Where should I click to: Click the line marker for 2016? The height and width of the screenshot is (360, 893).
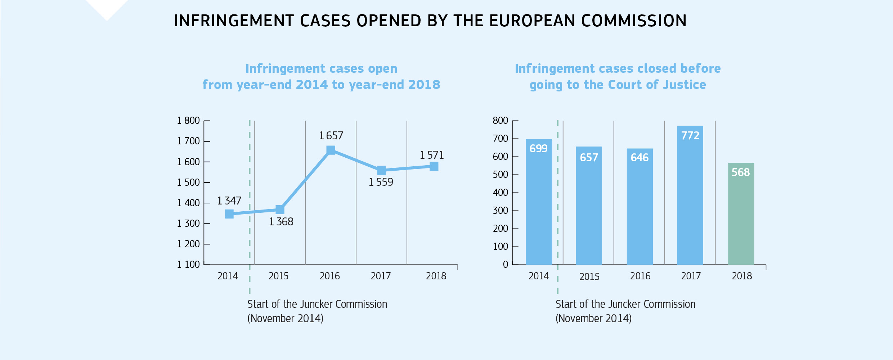point(331,150)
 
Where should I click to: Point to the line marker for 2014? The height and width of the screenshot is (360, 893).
point(229,214)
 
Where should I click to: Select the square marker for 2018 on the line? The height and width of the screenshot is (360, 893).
point(434,166)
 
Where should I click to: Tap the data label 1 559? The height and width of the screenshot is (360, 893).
point(381,182)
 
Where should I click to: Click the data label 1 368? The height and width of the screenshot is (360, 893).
point(281,222)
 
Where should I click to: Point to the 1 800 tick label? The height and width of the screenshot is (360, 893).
point(188,121)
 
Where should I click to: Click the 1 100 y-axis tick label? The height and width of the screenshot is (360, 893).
point(188,265)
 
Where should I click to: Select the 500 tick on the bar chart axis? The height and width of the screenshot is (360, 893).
point(500,175)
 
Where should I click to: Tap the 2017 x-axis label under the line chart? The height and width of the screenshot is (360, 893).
point(381,276)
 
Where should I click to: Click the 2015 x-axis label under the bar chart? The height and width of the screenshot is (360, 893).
point(589,277)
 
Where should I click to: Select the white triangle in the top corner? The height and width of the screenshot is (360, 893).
point(107,8)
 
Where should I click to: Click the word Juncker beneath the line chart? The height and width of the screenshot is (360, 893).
point(316,304)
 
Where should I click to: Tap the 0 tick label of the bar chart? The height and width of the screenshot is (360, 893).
point(505,265)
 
